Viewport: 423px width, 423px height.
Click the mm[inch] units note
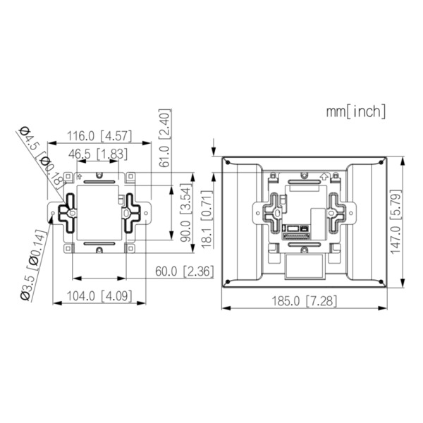355,111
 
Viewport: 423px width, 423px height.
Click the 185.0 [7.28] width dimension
305,301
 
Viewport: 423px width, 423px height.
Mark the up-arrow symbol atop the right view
323,176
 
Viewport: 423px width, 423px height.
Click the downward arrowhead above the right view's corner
214,150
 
